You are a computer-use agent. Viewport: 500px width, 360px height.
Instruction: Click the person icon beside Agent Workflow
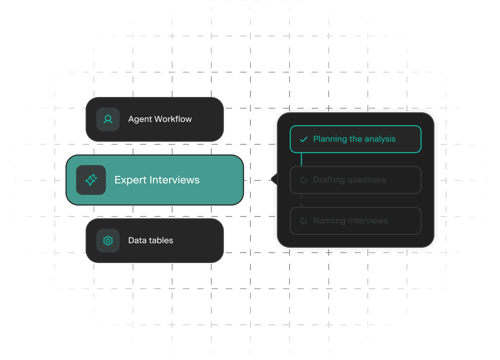tap(108, 119)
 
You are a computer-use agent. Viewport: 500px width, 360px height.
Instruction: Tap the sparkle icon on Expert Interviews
tap(91, 180)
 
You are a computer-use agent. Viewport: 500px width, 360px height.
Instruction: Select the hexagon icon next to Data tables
tap(108, 241)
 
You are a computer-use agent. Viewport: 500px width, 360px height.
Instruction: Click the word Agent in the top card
tap(140, 120)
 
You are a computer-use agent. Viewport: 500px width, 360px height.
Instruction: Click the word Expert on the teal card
tap(131, 180)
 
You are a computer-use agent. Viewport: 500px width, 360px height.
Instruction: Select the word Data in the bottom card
tap(137, 240)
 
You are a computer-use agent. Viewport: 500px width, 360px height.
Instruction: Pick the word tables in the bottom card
tap(161, 240)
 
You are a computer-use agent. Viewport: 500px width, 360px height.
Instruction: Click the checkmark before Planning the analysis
tap(304, 139)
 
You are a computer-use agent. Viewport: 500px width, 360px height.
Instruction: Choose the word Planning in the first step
tap(330, 139)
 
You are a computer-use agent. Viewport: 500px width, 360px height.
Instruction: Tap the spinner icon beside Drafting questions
tap(304, 180)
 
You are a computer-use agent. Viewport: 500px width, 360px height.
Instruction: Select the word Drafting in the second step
tap(330, 180)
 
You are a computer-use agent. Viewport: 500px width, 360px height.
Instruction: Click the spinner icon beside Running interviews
tap(304, 221)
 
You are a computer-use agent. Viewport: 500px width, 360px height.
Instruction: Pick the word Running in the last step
tap(329, 221)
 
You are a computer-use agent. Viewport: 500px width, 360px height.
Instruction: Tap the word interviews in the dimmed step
tap(368, 221)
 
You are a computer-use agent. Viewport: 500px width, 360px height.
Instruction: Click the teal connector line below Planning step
tap(301, 159)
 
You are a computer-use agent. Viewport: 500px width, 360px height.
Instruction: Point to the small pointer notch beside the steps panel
tap(275, 180)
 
